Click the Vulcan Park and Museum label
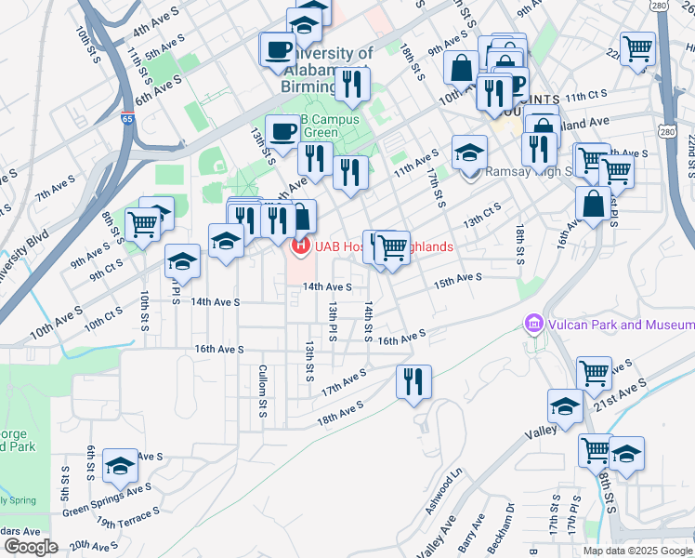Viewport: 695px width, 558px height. click(x=620, y=325)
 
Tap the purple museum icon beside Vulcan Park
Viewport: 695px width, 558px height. click(x=533, y=325)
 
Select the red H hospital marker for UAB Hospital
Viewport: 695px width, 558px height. click(x=300, y=246)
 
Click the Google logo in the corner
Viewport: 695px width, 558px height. click(x=31, y=547)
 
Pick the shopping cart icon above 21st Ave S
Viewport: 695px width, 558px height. click(x=594, y=374)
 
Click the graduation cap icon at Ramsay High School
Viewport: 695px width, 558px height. click(x=470, y=152)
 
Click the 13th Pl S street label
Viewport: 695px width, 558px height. click(x=331, y=319)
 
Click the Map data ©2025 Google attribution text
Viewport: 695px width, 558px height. click(x=637, y=551)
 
